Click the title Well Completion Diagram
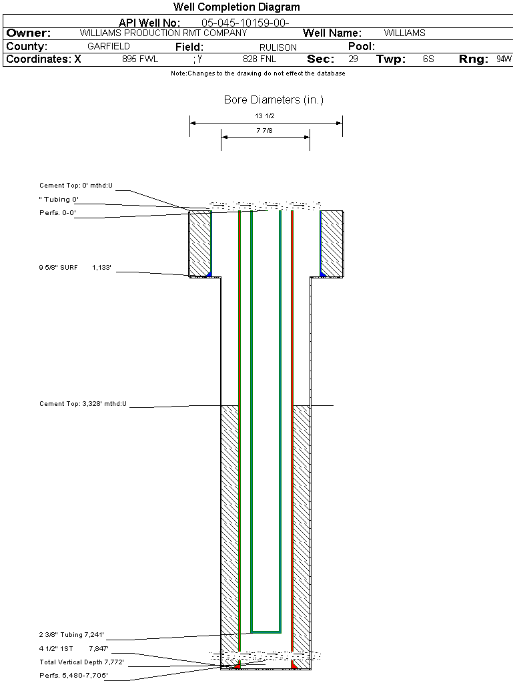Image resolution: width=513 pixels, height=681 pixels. point(236,7)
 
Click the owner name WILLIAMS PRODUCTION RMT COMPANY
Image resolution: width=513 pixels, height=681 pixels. point(163,33)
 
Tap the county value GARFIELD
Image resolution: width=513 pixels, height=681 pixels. point(109,47)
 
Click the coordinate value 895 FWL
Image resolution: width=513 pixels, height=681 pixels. point(140,59)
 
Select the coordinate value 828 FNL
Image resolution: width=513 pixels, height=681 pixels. point(260,59)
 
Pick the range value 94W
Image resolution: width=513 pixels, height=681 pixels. point(504,59)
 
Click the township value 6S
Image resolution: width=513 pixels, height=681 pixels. point(428,59)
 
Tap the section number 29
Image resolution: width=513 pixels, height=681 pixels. point(353,59)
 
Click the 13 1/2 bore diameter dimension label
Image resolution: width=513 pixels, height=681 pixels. point(265,116)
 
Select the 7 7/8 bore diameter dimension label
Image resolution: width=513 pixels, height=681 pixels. point(265,131)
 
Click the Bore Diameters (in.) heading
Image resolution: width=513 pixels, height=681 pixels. point(274,100)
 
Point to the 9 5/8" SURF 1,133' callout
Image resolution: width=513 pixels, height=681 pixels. point(79,268)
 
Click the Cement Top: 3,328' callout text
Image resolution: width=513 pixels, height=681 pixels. point(83,404)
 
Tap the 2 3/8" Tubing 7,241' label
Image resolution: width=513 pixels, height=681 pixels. point(71,635)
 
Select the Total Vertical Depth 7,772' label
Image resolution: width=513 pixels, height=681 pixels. point(81,662)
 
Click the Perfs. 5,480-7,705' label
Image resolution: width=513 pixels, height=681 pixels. point(73,676)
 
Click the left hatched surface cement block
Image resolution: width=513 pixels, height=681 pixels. point(199,244)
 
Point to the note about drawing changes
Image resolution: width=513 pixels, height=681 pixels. point(258,73)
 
